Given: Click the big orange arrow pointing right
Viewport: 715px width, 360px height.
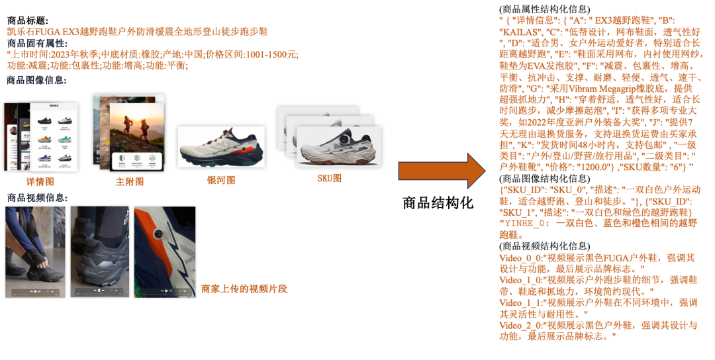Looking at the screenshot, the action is click(x=442, y=171).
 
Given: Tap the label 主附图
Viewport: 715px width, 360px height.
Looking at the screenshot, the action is click(x=130, y=182).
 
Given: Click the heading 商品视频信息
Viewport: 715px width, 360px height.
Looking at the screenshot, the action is click(x=37, y=197).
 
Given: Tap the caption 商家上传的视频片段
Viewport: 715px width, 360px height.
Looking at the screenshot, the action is click(x=244, y=289).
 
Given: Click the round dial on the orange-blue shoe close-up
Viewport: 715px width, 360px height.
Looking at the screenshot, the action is click(x=158, y=236).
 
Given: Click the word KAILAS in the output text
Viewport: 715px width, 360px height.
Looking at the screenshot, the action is click(x=520, y=31).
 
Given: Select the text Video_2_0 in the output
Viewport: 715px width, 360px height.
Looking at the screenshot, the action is click(x=520, y=325).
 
